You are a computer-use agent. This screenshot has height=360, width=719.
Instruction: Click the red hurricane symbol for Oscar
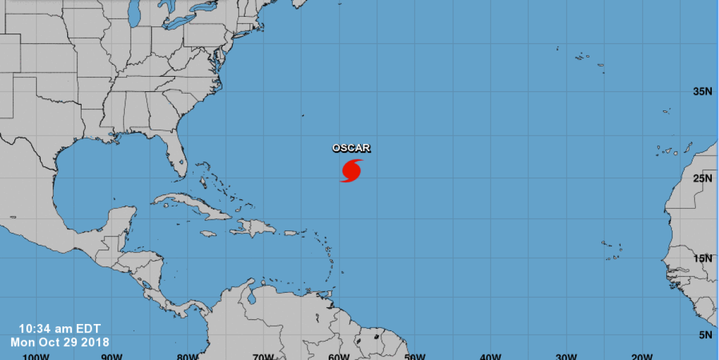(x=351, y=170)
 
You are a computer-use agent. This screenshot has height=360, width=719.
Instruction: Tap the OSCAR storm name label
(x=351, y=148)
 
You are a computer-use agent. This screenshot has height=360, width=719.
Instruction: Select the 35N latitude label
(x=702, y=92)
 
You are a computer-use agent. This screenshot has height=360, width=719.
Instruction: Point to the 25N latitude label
(x=702, y=178)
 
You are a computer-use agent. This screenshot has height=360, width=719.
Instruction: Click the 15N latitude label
(x=702, y=259)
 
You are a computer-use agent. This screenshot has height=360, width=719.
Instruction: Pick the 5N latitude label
(x=705, y=335)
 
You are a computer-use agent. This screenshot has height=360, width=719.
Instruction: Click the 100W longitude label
(x=35, y=356)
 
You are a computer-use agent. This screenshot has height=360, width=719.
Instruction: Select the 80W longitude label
(x=187, y=356)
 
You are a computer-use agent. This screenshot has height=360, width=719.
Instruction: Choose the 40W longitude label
(x=491, y=356)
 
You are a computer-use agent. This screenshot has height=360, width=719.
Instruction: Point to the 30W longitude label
(x=566, y=356)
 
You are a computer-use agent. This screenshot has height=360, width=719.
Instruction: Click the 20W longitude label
(x=642, y=356)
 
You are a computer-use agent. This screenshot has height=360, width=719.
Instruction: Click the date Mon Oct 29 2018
(x=60, y=342)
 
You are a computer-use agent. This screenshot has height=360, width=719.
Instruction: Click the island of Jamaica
(x=208, y=233)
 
